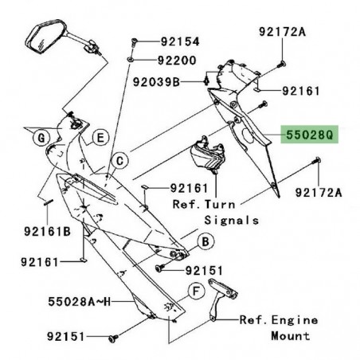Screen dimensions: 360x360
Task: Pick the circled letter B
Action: [205, 240]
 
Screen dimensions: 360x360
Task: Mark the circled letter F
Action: [193, 292]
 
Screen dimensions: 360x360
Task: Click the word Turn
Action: [246, 204]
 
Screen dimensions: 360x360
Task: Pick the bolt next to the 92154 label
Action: [135, 41]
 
